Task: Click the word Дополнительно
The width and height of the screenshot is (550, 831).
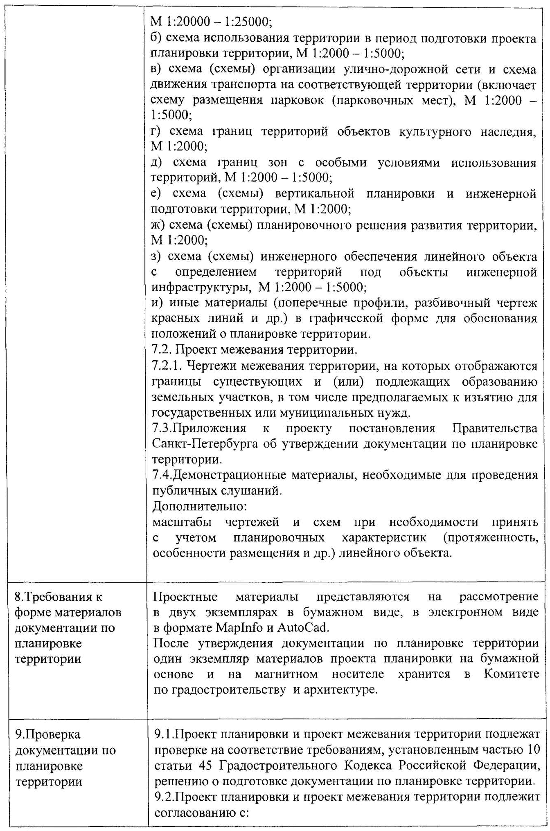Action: (199, 506)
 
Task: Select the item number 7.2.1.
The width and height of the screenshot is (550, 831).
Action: (165, 366)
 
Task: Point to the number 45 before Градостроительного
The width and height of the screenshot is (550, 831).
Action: (203, 766)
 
